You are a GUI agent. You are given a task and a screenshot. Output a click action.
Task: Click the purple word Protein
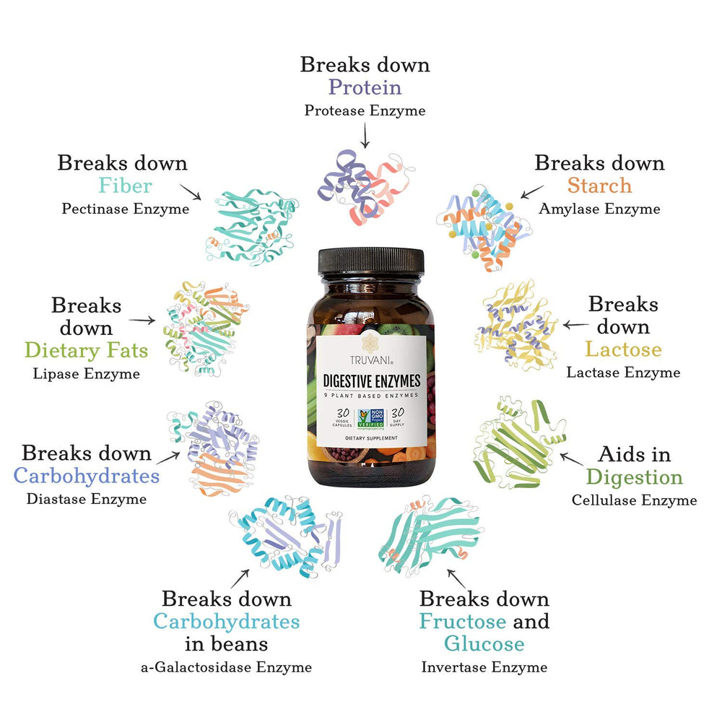[365, 87]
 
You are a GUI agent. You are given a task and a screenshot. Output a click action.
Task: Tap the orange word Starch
[599, 186]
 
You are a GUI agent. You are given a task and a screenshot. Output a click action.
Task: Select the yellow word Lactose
[622, 349]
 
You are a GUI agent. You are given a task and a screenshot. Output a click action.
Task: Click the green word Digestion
[634, 477]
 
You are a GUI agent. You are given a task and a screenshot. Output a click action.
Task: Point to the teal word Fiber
[125, 186]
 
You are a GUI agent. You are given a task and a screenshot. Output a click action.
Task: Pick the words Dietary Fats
[86, 351]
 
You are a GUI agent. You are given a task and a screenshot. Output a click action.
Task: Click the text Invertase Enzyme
[484, 666]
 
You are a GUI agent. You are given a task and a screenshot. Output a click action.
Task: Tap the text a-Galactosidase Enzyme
[226, 666]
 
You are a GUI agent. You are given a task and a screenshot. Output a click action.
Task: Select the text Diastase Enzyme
[86, 499]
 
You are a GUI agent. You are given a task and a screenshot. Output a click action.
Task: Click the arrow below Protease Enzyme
[365, 135]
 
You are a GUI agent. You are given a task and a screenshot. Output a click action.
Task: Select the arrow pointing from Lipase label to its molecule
[142, 320]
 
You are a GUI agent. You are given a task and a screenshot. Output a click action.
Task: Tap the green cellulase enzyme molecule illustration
[516, 442]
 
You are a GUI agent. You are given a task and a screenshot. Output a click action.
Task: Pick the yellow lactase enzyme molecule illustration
[516, 324]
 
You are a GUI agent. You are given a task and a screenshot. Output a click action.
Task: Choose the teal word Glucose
[484, 643]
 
